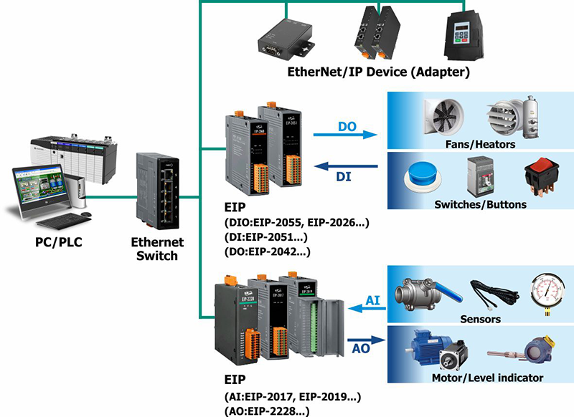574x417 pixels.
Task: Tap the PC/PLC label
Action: [x=60, y=242]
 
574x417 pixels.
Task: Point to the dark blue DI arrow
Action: [x=357, y=167]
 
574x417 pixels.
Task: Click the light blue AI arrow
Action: [x=367, y=308]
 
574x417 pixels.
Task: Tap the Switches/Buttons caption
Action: [x=480, y=205]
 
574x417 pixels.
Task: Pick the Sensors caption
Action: [x=480, y=319]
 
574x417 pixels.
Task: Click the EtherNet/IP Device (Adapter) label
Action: [x=378, y=72]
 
